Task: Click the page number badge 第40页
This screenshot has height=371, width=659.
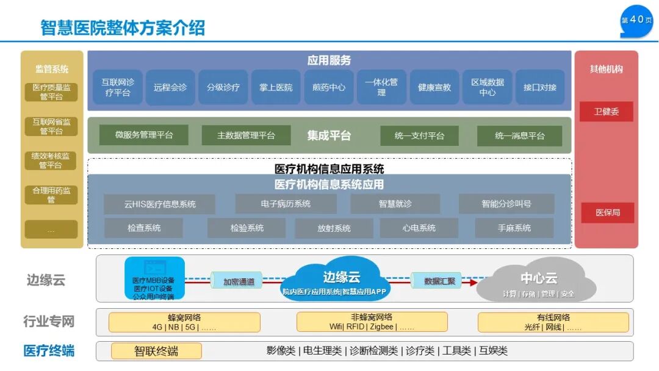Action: point(636,20)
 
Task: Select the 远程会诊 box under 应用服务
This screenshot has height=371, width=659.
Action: point(170,87)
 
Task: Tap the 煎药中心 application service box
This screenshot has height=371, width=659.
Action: point(329,87)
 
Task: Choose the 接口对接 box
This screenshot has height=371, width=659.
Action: point(540,87)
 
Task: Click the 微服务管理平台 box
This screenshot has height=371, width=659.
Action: point(144,135)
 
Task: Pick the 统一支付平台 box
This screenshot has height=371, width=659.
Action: point(419,135)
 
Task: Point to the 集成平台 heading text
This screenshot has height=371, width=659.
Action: point(329,135)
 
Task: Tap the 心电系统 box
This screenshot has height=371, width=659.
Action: point(419,228)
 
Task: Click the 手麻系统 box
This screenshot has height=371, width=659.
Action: point(514,228)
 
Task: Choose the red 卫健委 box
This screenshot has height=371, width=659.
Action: point(606,112)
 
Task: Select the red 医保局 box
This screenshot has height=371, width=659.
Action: point(607,213)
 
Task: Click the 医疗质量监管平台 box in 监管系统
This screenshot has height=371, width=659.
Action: point(51,92)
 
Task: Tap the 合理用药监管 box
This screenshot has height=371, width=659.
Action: point(51,195)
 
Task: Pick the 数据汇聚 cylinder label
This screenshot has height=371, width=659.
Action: point(439,281)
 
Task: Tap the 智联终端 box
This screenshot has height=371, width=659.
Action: point(156,351)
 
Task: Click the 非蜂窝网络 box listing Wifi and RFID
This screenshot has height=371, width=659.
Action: point(372,322)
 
